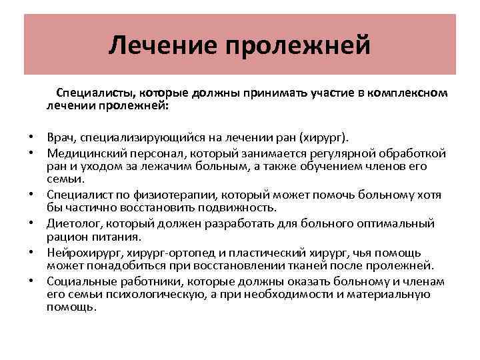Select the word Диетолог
73,222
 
